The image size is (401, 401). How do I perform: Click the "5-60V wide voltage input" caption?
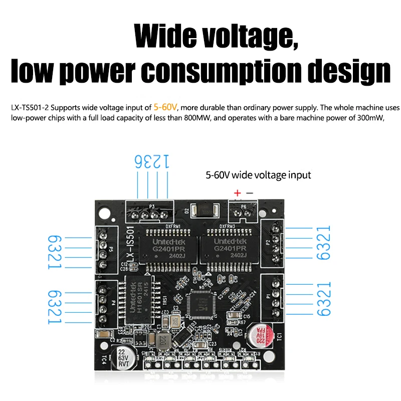click(x=258, y=175)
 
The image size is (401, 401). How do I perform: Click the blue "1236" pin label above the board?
click(x=152, y=161)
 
